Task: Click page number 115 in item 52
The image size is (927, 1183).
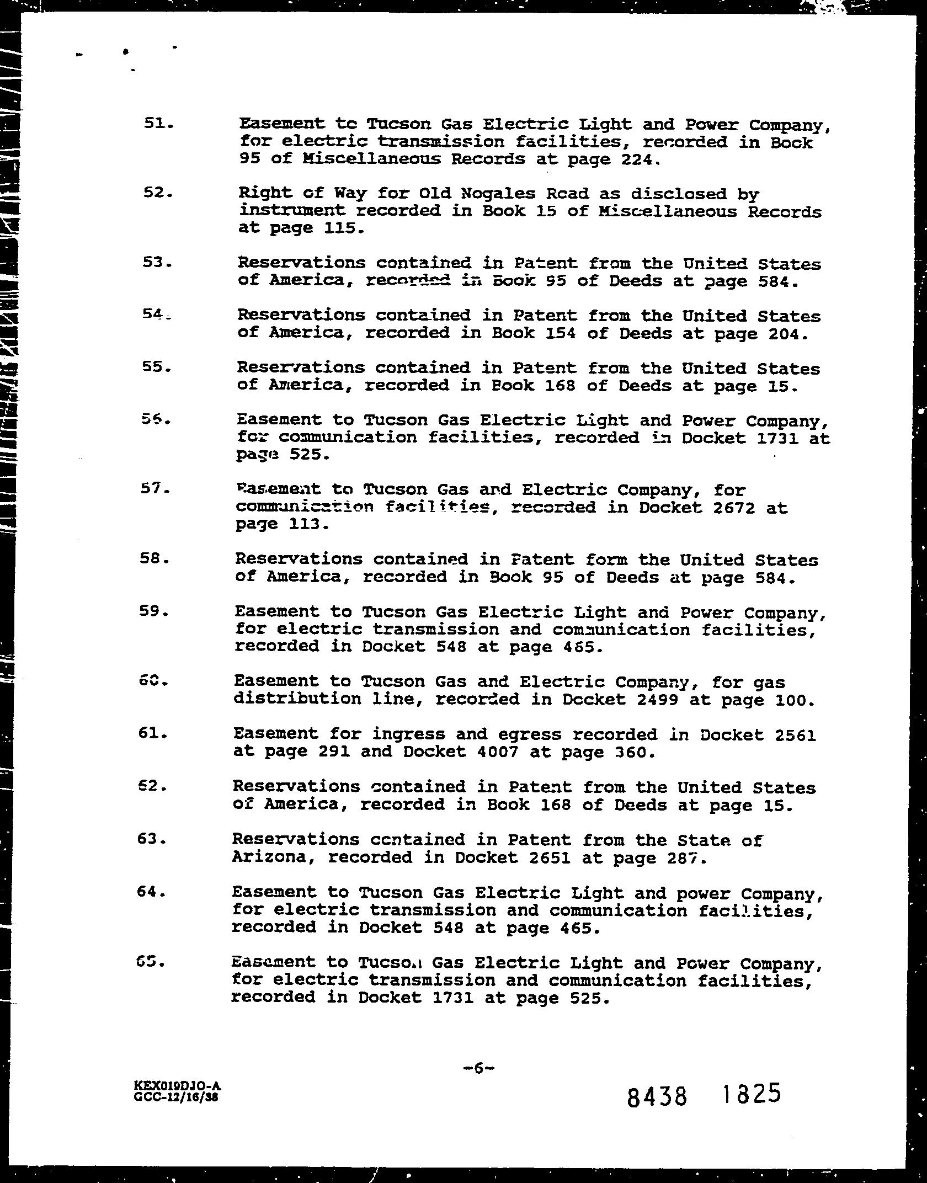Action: (341, 228)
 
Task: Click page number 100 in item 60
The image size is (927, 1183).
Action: (794, 700)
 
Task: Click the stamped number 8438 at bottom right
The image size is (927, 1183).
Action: (657, 1095)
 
